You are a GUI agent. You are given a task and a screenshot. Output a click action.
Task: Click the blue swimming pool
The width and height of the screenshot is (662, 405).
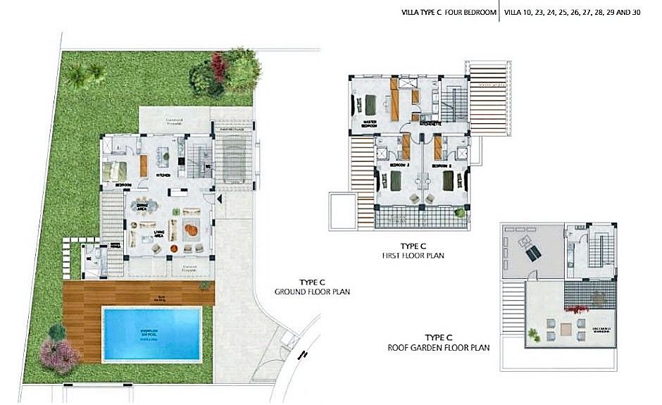151,332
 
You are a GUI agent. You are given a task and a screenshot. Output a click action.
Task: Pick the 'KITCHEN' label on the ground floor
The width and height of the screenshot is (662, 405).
164,176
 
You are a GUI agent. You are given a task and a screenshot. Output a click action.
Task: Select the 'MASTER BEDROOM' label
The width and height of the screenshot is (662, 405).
369,124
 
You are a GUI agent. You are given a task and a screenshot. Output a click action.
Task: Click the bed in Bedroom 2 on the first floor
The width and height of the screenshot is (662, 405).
449,182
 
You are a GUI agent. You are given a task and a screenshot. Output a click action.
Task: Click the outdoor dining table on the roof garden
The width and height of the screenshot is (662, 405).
566,325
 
